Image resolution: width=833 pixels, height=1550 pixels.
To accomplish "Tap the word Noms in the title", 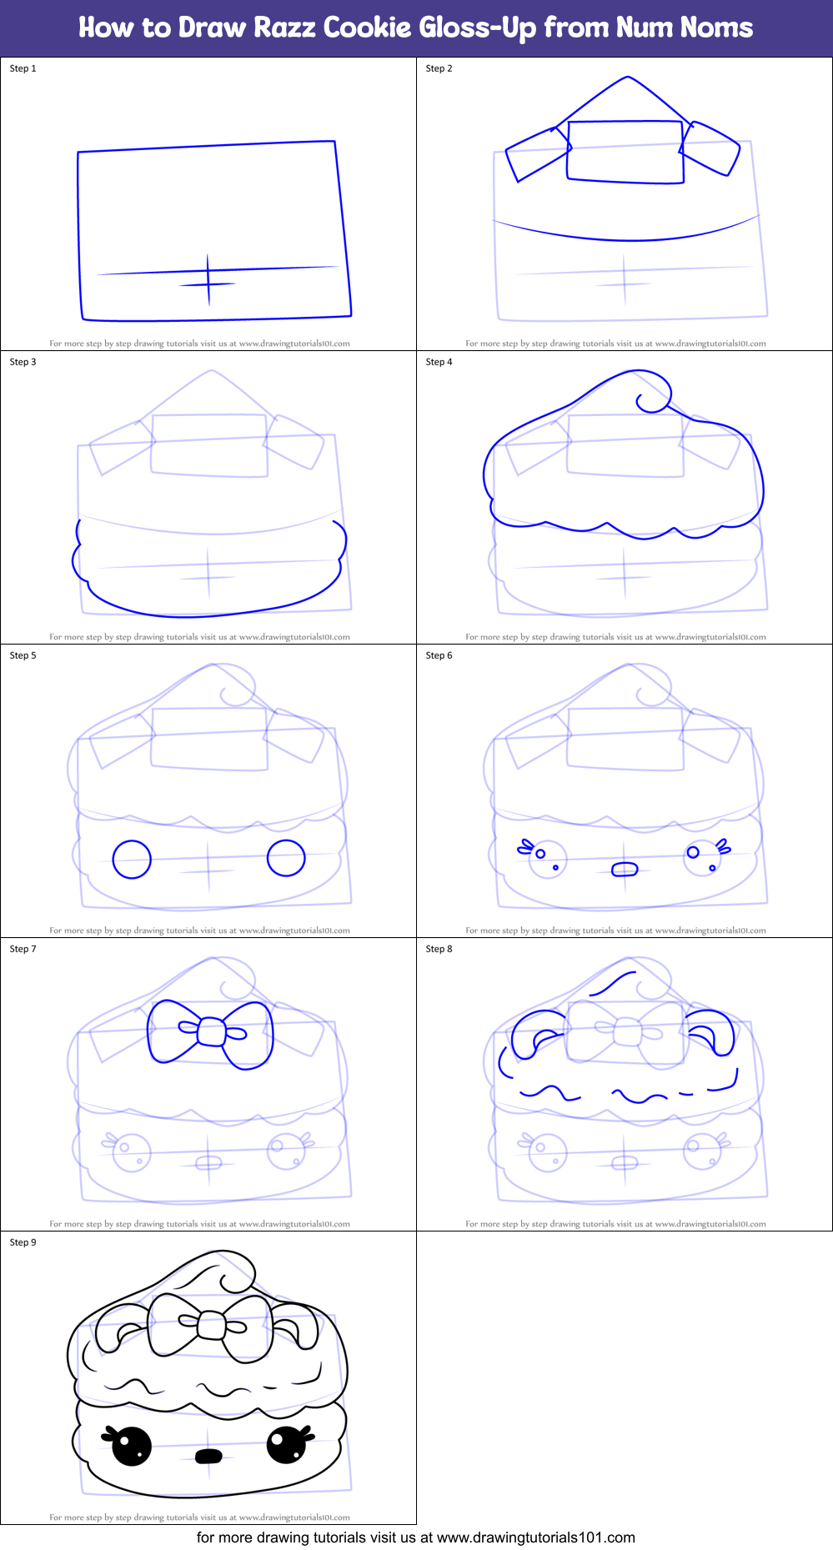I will click(716, 28).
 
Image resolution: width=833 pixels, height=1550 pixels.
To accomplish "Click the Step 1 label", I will click(23, 68).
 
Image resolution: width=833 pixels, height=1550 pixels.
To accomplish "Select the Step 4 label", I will click(439, 362).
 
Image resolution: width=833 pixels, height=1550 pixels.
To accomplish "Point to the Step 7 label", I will click(23, 949).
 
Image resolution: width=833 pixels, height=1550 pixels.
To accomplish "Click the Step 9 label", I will click(23, 1242).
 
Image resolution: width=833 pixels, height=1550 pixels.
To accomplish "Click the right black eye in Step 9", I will click(286, 1445).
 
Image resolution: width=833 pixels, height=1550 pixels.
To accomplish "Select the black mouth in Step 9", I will click(208, 1456).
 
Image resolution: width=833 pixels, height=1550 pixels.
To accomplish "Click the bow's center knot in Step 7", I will click(212, 1032).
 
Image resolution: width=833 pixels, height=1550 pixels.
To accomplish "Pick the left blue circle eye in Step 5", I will click(132, 859).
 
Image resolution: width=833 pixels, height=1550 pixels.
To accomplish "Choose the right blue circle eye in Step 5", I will click(286, 857).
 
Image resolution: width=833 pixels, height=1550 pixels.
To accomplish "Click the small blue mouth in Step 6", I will click(625, 870).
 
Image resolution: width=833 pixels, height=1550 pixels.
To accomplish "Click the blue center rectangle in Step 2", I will click(625, 151).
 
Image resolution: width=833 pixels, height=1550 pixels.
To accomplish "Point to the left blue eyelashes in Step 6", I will click(525, 847).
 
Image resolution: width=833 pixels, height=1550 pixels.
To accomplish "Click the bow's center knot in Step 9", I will click(212, 1325).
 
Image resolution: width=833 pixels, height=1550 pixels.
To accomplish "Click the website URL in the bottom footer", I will click(535, 1537).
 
